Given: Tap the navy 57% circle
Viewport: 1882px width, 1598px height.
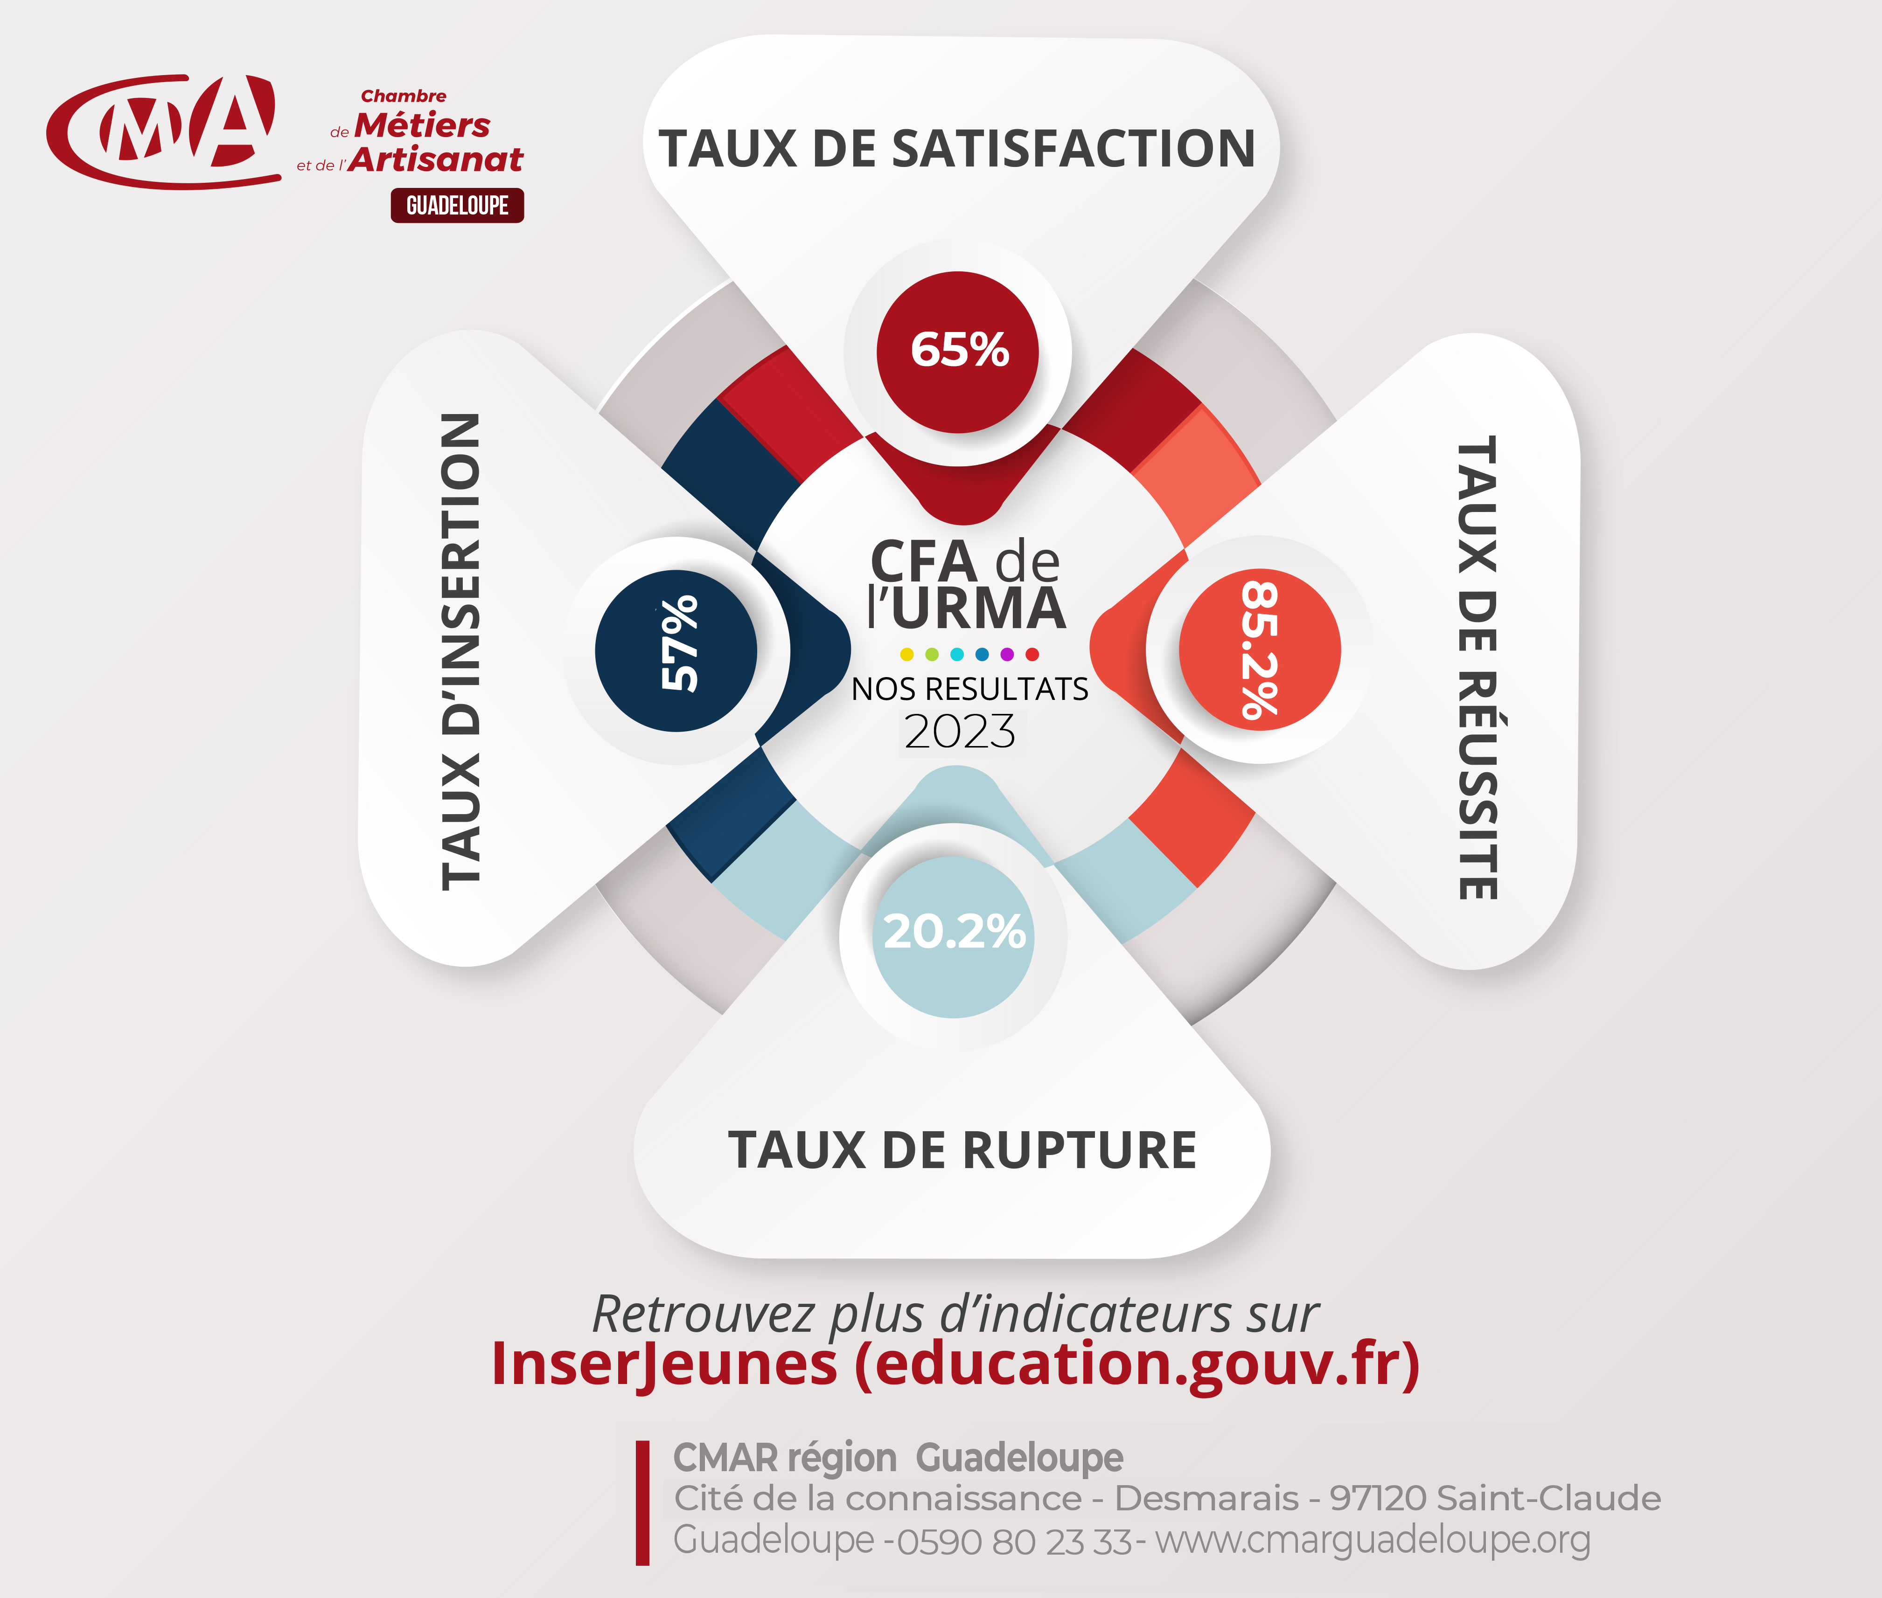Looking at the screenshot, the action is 676,650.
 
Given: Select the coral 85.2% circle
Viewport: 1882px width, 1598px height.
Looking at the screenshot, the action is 1260,650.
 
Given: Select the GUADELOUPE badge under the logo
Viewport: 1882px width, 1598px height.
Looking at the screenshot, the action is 458,206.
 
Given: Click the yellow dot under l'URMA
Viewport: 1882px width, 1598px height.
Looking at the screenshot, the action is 906,654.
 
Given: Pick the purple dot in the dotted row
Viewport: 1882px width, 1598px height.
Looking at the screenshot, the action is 1007,654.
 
